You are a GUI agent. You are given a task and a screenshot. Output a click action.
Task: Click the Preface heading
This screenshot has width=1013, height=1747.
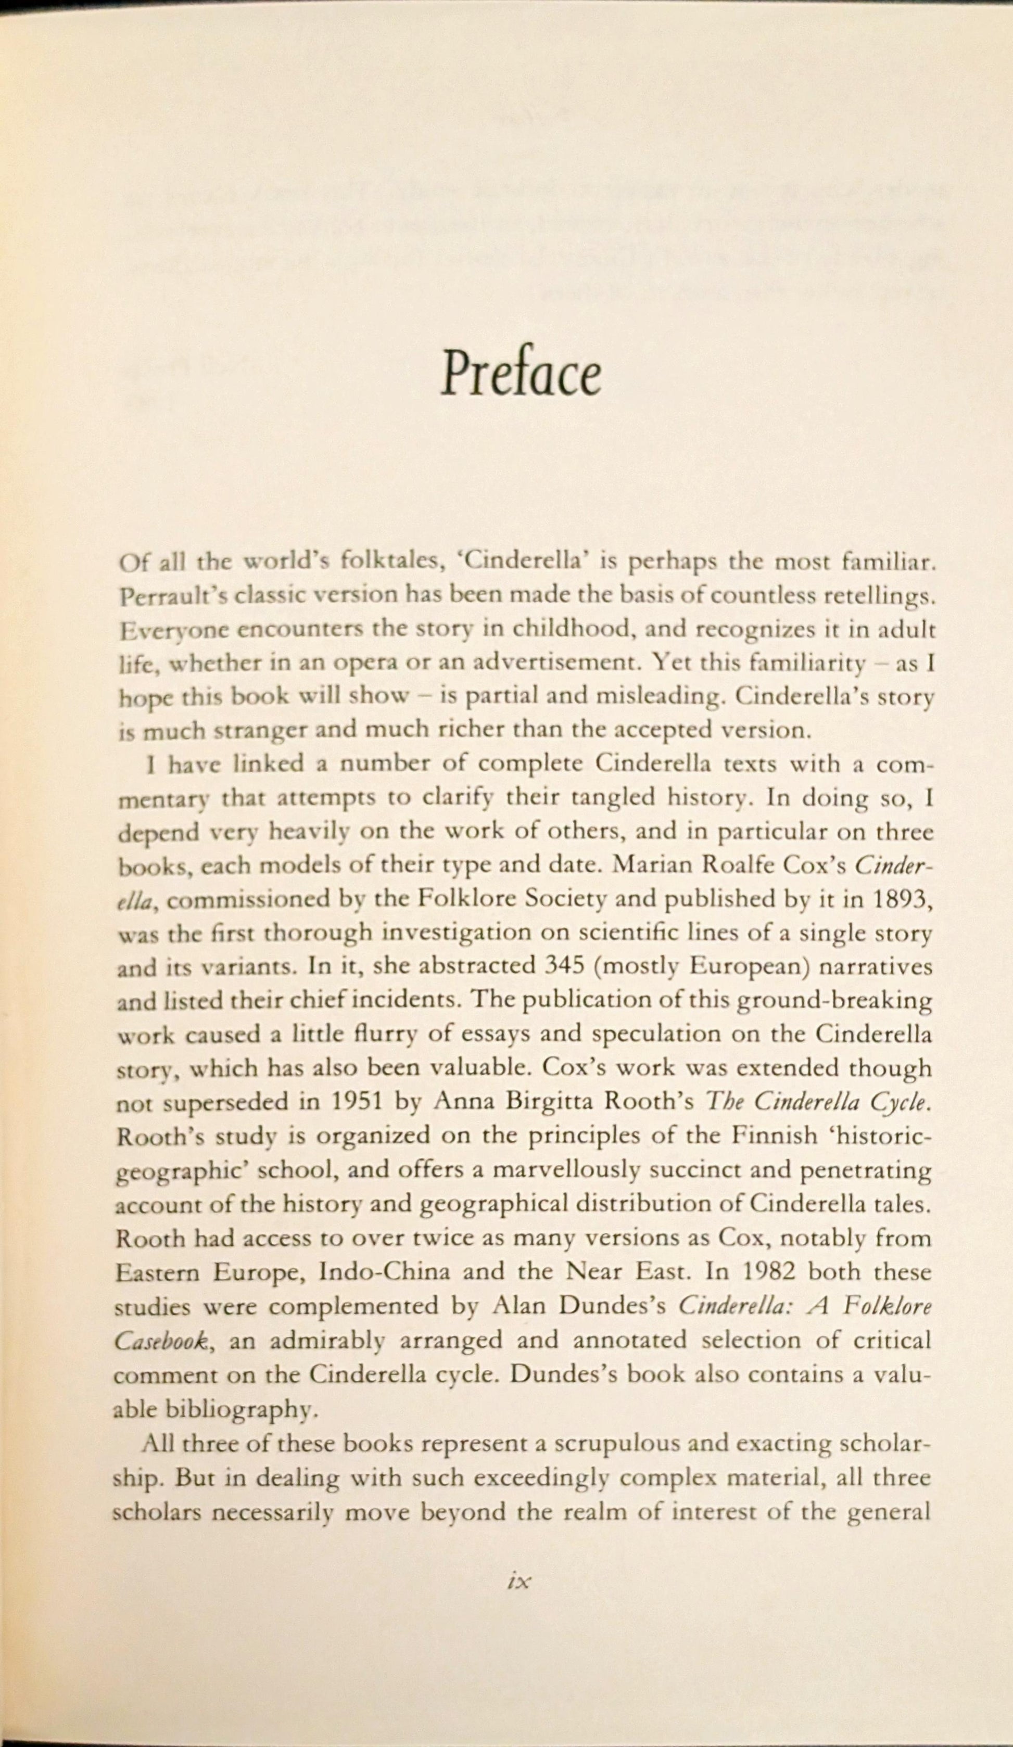(x=521, y=376)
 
